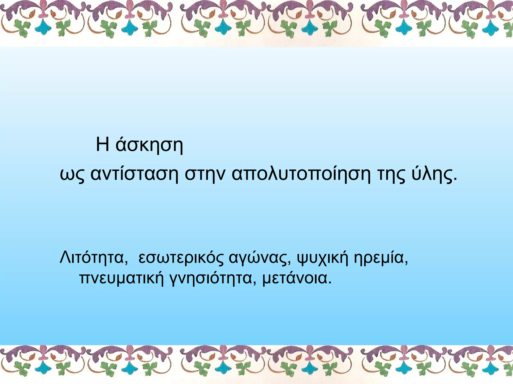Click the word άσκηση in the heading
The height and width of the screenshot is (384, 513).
(149, 145)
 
